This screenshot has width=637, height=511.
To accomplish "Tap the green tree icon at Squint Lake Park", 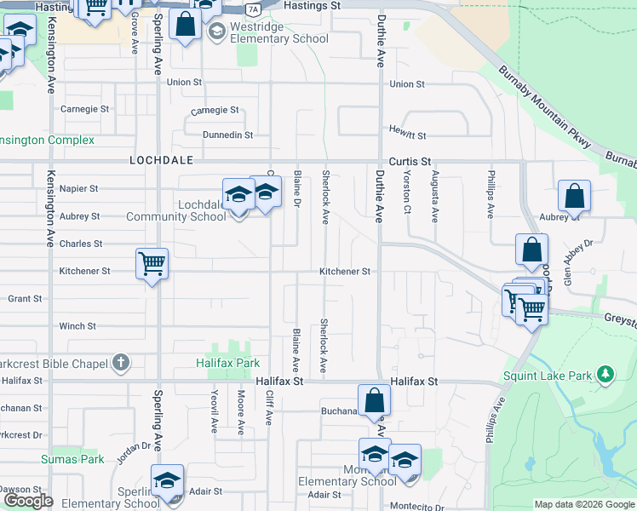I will click(605, 375).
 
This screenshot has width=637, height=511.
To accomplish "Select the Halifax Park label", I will click(234, 364).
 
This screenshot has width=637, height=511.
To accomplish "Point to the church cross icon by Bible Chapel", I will click(121, 364).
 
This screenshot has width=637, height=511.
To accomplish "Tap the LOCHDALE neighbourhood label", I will click(162, 160).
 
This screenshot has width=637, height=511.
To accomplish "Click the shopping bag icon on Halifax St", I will click(374, 399).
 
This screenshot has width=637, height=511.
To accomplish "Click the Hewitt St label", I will click(408, 135).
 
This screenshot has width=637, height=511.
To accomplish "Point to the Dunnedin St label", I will click(227, 135).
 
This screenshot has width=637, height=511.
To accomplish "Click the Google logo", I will click(28, 501).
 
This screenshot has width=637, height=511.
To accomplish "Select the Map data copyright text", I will click(584, 504).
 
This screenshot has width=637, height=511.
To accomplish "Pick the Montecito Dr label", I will click(410, 507).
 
